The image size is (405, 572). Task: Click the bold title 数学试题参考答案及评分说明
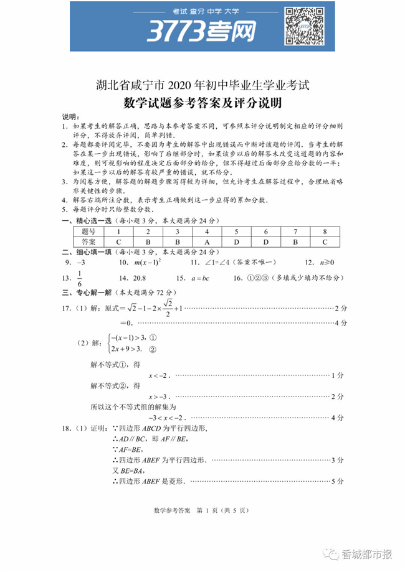pyautogui.click(x=202, y=102)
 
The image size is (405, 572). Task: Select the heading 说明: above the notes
pyautogui.click(x=70, y=117)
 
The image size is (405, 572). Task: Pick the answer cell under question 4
pyautogui.click(x=206, y=241)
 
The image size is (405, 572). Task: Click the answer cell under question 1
pyautogui.click(x=118, y=241)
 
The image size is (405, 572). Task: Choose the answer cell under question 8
pyautogui.click(x=325, y=241)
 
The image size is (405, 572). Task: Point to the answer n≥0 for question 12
pyautogui.click(x=325, y=262)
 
